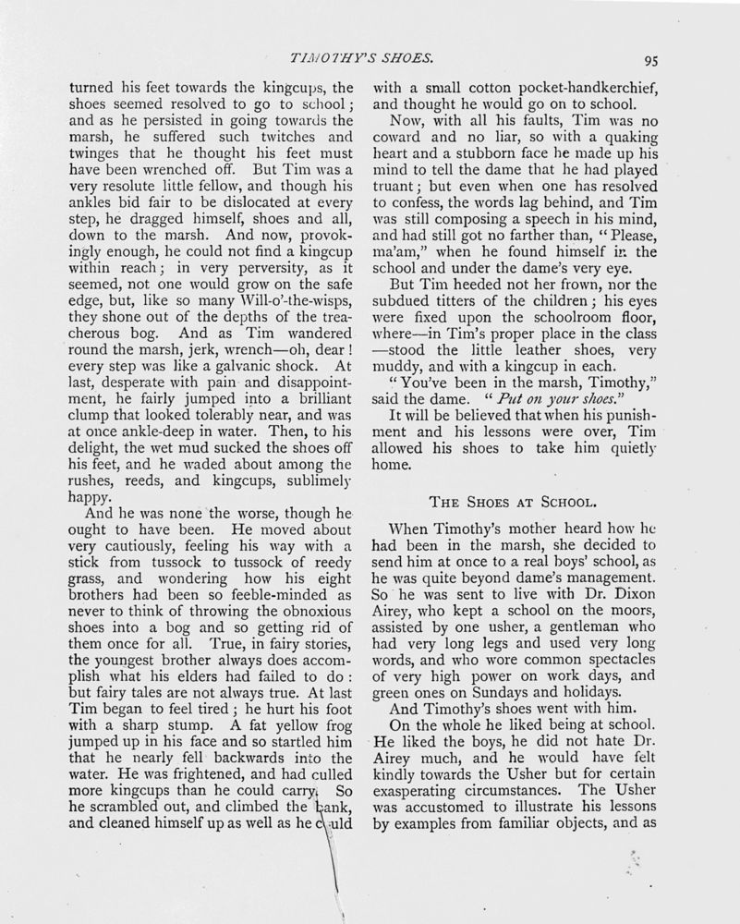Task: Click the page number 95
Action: pos(650,62)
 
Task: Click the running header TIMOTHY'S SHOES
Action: pos(362,58)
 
